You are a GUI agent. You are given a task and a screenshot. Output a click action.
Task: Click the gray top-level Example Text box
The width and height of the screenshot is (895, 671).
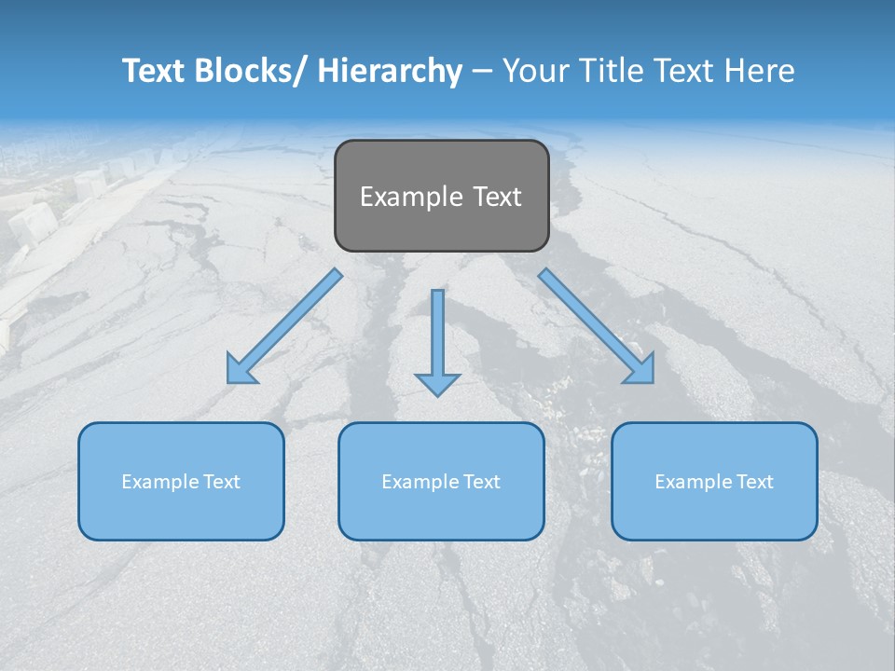click(441, 196)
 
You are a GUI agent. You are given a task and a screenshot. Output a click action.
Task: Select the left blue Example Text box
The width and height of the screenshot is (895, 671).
click(181, 481)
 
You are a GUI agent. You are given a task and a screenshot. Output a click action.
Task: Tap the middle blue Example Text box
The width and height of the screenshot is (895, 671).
click(441, 481)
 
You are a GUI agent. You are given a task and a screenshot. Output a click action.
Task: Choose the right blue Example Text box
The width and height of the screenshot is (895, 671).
click(714, 481)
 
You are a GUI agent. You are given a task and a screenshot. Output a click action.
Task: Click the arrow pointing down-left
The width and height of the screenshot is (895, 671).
click(284, 326)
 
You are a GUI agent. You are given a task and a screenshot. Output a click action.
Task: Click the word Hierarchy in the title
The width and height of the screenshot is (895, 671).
click(390, 71)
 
